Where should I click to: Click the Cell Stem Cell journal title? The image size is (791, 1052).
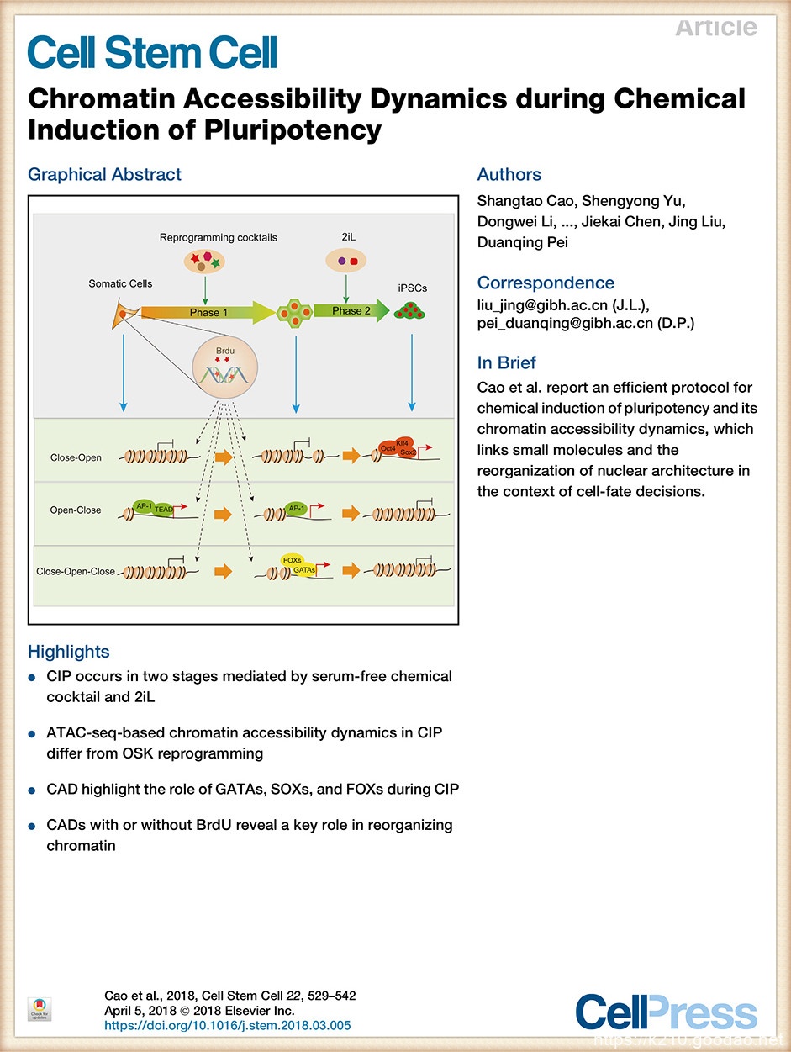(x=152, y=52)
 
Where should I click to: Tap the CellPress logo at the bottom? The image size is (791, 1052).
(x=666, y=1012)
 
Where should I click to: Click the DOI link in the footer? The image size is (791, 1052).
(x=227, y=1026)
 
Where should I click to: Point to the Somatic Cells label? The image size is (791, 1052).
(x=120, y=283)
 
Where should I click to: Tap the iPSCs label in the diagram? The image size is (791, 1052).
(x=412, y=288)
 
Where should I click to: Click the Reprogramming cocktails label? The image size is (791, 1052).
(x=218, y=238)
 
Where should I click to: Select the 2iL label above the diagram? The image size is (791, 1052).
(x=347, y=238)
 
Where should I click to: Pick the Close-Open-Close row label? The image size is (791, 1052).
(x=76, y=572)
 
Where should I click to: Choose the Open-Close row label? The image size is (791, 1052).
(x=76, y=510)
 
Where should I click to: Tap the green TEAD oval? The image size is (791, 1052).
(x=163, y=510)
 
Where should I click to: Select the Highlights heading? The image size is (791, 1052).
(x=68, y=651)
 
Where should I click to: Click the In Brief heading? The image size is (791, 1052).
(x=506, y=362)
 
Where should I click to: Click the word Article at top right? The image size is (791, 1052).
(x=715, y=27)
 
